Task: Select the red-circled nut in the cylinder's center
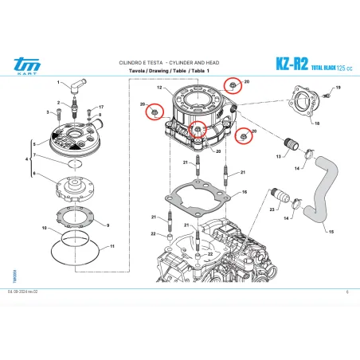point(198,128)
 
